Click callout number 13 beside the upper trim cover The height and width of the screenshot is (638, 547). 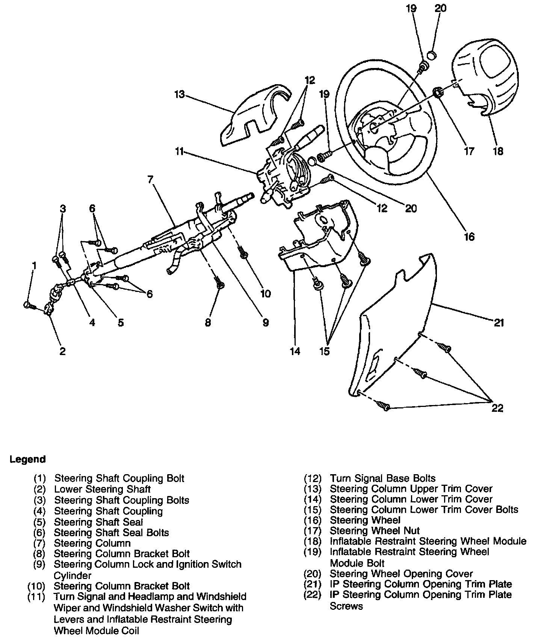point(180,94)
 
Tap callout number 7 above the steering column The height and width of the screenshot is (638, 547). point(150,180)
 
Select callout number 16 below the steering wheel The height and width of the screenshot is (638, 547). point(469,236)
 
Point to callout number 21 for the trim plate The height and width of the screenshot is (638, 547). point(499,322)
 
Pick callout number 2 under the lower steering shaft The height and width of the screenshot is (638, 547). point(62,351)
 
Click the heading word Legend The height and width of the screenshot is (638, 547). point(27,459)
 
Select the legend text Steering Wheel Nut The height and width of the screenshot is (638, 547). point(375,531)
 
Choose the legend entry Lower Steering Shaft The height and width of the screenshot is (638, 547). point(102,489)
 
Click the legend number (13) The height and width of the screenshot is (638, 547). point(313,489)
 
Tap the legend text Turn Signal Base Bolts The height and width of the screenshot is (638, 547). point(382,478)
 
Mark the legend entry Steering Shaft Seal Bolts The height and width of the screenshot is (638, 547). point(111,532)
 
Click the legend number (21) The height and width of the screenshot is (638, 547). point(313,584)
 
